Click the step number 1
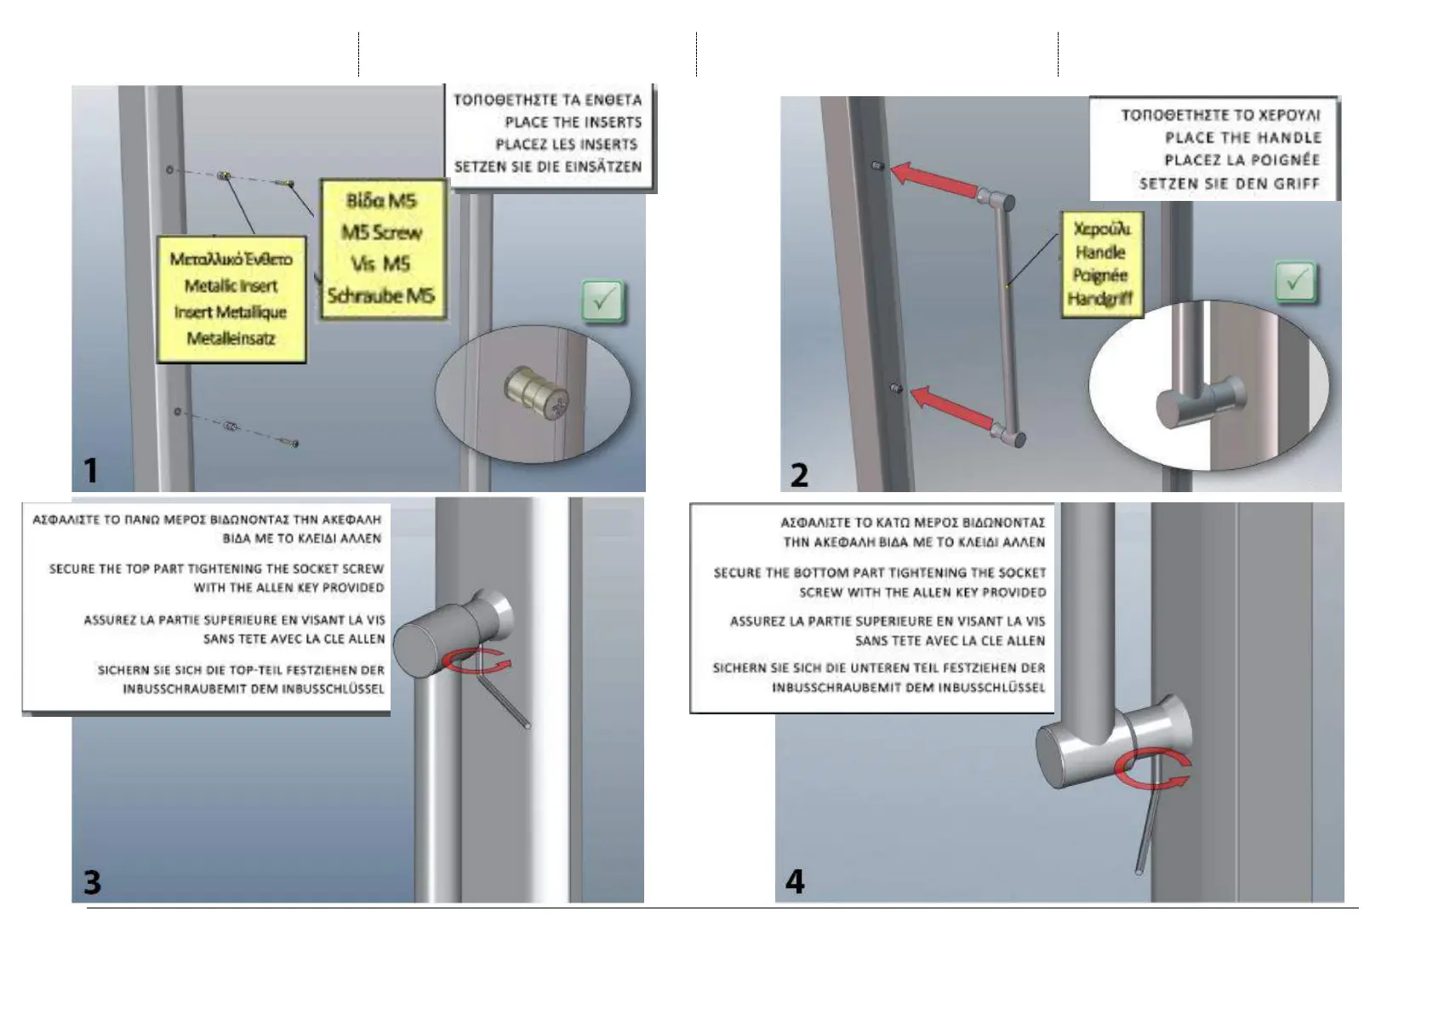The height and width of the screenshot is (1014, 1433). click(x=91, y=470)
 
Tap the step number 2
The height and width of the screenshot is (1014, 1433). click(x=799, y=475)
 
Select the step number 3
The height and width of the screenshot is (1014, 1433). click(x=93, y=882)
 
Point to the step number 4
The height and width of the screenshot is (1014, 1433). click(x=795, y=881)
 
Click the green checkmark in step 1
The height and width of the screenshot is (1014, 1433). click(x=603, y=301)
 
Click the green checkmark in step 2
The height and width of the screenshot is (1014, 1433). click(x=1295, y=282)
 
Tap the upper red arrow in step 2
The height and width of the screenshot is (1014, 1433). click(x=933, y=180)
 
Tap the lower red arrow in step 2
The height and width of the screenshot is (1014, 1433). click(x=951, y=407)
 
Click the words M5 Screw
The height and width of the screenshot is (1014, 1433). click(x=381, y=232)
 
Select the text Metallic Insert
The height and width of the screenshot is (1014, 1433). click(x=231, y=286)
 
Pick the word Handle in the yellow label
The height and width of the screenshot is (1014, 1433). click(x=1099, y=252)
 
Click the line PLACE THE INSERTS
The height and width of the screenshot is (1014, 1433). click(x=573, y=123)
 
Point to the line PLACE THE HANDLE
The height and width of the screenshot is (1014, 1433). click(x=1242, y=138)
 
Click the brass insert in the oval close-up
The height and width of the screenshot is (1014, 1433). click(x=538, y=397)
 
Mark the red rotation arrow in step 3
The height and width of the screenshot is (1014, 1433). click(x=477, y=660)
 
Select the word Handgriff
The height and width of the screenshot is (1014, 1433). click(x=1100, y=299)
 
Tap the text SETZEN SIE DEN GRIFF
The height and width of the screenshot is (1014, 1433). click(x=1229, y=184)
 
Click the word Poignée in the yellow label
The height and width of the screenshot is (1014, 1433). click(x=1099, y=275)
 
